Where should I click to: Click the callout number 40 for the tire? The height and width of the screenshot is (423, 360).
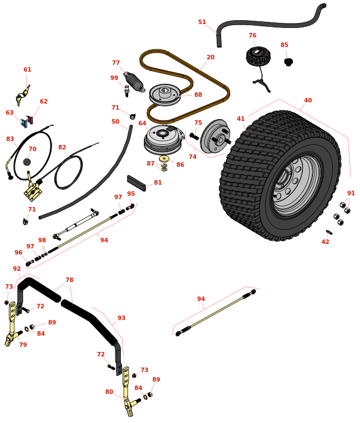pos(308,101)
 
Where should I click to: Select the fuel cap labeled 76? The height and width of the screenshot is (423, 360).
pos(258,56)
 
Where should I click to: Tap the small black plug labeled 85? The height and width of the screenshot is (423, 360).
pos(288,62)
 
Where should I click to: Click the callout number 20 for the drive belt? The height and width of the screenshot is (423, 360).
pos(211,58)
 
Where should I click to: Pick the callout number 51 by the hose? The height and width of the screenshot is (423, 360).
pos(202,22)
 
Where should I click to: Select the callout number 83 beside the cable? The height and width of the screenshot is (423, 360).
pos(10,139)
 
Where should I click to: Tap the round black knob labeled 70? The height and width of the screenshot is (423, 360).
pos(27,162)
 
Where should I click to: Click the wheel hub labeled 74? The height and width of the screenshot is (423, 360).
pos(214,137)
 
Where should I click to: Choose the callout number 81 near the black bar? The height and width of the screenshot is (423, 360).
pos(158,183)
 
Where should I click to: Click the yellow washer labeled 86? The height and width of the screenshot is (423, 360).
pos(164,159)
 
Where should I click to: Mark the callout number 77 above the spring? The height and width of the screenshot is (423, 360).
pos(116,63)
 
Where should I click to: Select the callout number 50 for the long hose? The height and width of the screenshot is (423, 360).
pos(115,122)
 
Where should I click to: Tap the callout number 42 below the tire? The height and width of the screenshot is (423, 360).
pos(325,242)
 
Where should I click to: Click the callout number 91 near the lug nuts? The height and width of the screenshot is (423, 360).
pos(351,194)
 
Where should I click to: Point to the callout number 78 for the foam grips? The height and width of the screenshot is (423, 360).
pos(69,280)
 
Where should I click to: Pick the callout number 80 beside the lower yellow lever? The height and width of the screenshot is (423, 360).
pos(109,392)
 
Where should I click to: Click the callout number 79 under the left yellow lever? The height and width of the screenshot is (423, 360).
pos(23,345)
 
